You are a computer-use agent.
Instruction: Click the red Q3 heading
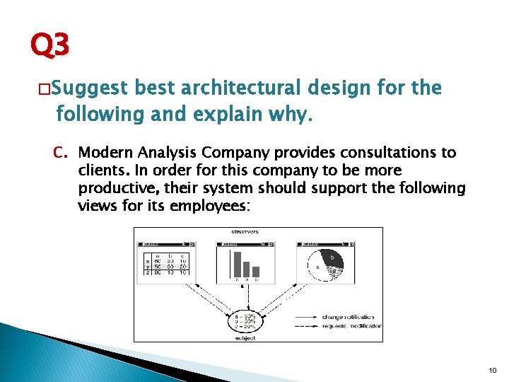[50, 46]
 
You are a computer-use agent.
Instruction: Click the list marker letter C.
[62, 153]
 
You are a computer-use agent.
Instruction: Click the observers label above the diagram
[245, 232]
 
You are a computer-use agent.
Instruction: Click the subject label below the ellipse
[245, 337]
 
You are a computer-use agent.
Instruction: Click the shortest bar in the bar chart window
[256, 271]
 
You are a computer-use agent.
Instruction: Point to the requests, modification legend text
[351, 326]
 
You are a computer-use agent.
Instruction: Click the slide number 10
[493, 369]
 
